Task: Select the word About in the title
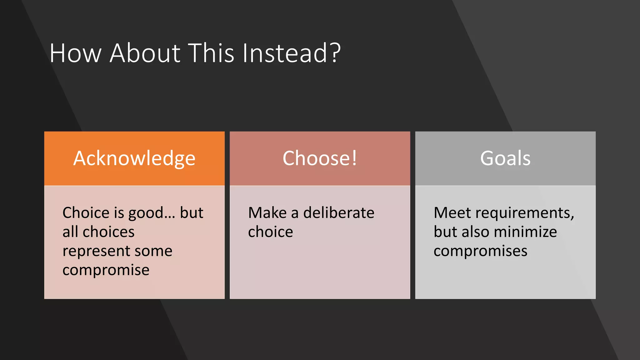145,53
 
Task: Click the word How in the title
75,53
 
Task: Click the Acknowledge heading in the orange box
134,158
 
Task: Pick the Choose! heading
320,158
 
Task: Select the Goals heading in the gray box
505,158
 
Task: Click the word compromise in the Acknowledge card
106,270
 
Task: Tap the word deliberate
339,213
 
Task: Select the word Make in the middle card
267,213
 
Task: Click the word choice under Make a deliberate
271,232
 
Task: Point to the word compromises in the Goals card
480,251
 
